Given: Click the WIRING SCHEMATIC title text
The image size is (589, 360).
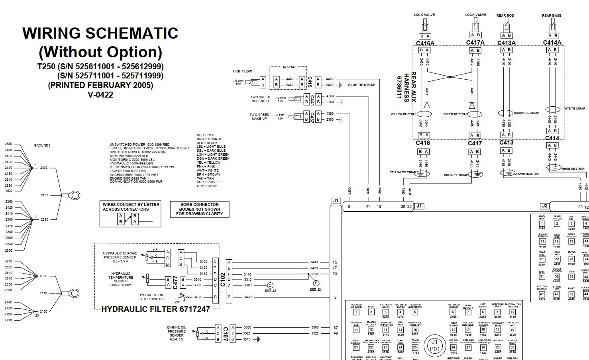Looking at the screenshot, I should [100, 33].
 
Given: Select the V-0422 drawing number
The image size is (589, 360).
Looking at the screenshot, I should [100, 95].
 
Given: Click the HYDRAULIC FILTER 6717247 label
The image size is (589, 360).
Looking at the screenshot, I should [155, 309].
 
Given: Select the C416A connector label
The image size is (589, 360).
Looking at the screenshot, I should [425, 43].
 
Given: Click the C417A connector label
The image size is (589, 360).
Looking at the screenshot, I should [475, 43].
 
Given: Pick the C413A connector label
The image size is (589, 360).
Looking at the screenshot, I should [506, 43].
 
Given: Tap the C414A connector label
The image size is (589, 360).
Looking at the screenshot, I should [552, 43].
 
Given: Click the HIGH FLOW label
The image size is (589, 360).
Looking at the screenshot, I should [242, 71].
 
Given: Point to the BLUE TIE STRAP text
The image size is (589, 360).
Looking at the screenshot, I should [361, 85].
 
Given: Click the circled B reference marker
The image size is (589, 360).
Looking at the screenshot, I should [316, 283].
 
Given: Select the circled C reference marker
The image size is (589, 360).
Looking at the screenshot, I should [270, 285].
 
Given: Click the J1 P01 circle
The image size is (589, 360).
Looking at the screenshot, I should [434, 345].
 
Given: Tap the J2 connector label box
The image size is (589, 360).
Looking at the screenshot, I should [544, 206].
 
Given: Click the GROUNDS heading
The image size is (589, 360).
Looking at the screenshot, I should [42, 145].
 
